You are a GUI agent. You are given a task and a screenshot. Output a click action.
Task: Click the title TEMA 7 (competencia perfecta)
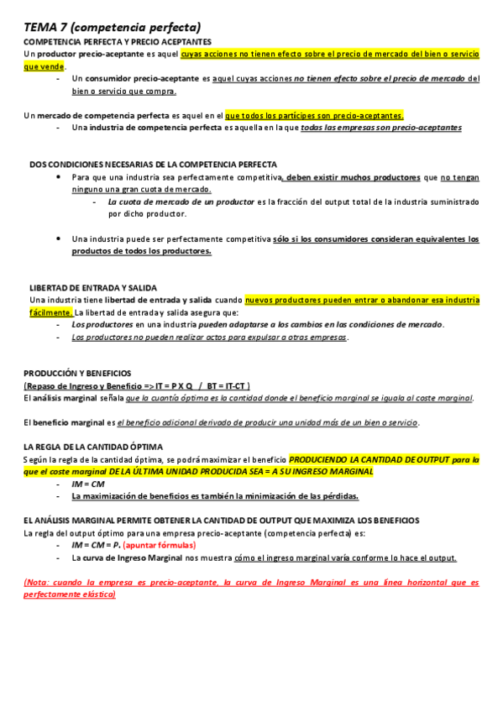coord(112,28)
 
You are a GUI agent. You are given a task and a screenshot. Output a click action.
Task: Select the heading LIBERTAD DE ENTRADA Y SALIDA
coord(92,288)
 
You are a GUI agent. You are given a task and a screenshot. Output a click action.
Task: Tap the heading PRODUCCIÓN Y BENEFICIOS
coord(77,373)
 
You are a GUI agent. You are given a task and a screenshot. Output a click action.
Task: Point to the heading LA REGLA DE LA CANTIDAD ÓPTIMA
coord(93,447)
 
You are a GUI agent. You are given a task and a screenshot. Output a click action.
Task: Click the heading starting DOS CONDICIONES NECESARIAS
coord(153,165)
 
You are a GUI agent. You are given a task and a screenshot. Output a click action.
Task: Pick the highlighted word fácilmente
coord(51,312)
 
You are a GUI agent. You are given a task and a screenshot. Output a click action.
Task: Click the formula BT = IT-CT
coord(227,385)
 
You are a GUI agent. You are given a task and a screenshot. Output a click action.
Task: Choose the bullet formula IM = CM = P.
coord(95,545)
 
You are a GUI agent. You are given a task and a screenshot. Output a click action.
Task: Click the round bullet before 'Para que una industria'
coord(58,178)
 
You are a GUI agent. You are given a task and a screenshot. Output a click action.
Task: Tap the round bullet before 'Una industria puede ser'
coord(58,238)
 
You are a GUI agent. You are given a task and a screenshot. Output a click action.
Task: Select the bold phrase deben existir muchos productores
coord(354,178)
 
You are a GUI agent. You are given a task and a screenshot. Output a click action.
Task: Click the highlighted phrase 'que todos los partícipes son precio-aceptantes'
coord(314,115)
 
